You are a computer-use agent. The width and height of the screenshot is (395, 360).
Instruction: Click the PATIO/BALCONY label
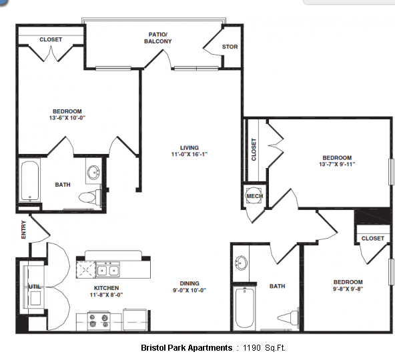pos(157,38)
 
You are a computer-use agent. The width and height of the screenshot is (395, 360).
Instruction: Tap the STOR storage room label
pos(230,47)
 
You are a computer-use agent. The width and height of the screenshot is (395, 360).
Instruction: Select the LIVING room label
pos(189,148)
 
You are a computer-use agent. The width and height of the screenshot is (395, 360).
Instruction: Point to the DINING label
pos(189,283)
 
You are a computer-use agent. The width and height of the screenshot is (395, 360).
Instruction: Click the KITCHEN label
pos(106,288)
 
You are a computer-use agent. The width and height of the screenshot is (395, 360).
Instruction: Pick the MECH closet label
pos(255,196)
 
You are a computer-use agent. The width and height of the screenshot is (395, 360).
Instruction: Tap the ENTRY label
pos(23,229)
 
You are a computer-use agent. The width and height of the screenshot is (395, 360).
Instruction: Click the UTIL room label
pos(35,287)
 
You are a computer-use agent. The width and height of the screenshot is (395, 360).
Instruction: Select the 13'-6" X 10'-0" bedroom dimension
pos(67,118)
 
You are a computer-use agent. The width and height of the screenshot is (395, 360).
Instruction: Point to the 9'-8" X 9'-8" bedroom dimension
pos(348,289)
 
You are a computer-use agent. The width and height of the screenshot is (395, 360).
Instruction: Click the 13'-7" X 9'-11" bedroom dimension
pos(337,164)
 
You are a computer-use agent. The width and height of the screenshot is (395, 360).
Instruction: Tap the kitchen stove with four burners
pos(99,321)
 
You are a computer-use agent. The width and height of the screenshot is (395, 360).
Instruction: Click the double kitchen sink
pos(108,270)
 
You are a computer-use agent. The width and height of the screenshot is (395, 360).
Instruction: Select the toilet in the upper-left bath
pos(90,197)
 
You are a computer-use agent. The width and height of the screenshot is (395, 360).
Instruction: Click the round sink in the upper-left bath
pos(93,173)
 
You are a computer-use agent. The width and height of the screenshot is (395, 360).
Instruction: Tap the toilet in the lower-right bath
pos(288,317)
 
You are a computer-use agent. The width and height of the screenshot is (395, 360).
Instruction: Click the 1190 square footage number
pos(252,348)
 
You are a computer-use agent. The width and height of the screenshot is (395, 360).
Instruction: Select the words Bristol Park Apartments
pos(186,348)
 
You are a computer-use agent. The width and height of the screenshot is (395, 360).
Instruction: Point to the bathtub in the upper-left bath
pos(30,181)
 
